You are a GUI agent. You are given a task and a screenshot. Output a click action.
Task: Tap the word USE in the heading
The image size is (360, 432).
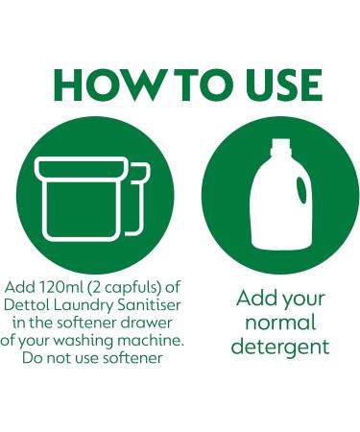point(284,85)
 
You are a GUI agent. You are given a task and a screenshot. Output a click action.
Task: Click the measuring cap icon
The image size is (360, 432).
point(92,199)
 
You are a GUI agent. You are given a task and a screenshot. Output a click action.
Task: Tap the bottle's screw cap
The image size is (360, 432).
point(281,147)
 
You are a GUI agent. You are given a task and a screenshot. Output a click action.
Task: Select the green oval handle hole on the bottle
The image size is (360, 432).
point(301,190)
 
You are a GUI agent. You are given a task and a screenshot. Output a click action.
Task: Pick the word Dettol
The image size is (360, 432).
point(27,305)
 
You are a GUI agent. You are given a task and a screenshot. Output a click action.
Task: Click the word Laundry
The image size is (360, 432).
point(84,306)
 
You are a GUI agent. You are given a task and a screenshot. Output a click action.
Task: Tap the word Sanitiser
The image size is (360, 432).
point(149,305)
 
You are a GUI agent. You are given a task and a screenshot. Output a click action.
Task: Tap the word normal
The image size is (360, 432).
point(280,323)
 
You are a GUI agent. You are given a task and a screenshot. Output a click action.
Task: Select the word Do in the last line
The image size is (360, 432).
point(33,358)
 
